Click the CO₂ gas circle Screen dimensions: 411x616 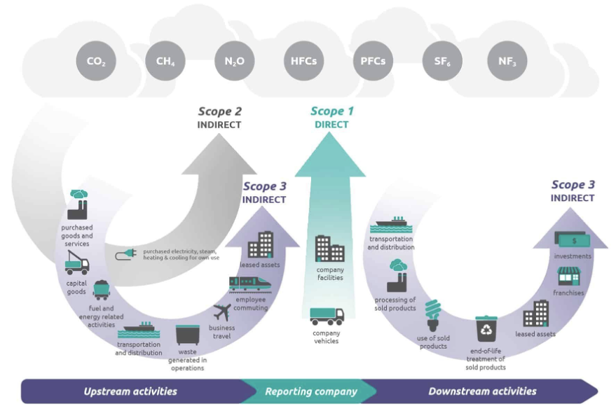pos(96,61)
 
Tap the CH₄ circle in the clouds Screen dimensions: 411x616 pos(165,61)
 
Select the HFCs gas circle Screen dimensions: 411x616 pos(303,61)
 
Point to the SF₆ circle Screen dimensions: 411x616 pos(442,61)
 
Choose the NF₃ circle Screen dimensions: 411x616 pos(507,61)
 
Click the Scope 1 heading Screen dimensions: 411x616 pos(327,111)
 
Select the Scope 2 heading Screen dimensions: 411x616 pos(219,111)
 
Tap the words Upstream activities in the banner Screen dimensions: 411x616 pos(130,391)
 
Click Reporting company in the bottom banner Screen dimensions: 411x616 pos(310,391)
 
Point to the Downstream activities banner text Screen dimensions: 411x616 pos(482,391)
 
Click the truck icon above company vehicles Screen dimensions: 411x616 pos(327,316)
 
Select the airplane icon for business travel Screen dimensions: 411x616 pos(221,312)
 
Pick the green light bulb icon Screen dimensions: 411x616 pos(433,314)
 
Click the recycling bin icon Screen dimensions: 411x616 pos(486,329)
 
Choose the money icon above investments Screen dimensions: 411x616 pos(573,239)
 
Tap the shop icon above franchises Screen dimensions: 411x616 pos(568,275)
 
